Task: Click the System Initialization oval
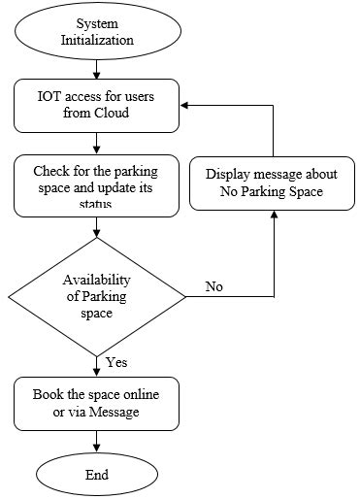[x=96, y=31]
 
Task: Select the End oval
[x=96, y=476]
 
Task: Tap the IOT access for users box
[x=96, y=105]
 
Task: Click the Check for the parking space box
[x=96, y=185]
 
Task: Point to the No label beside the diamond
[x=215, y=286]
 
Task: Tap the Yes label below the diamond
[x=117, y=362]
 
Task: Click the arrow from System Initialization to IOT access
[x=96, y=69]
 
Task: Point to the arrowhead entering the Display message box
[x=275, y=216]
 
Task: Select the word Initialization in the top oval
[x=96, y=40]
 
